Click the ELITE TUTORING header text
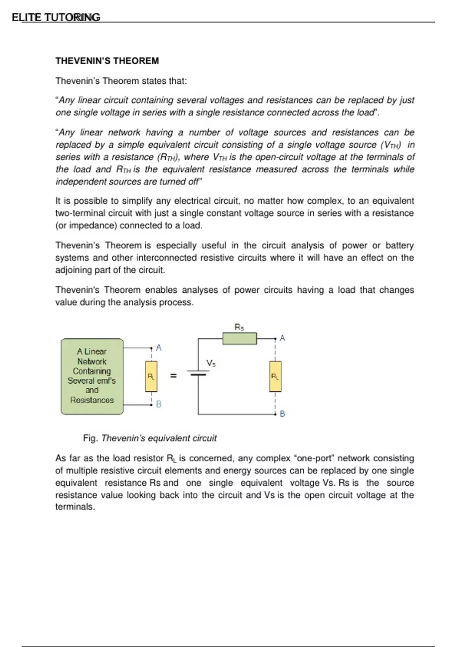point(56,18)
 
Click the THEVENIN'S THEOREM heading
point(107,61)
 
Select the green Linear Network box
point(92,376)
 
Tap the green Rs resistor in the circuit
point(240,338)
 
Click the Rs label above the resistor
point(239,327)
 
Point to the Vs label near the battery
point(211,363)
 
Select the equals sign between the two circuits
point(173,376)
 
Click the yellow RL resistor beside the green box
point(151,377)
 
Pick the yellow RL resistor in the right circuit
point(275,377)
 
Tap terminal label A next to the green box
point(159,347)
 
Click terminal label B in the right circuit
point(282,413)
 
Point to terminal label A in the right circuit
point(282,338)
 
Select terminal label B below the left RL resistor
point(159,404)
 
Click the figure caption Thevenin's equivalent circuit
point(159,438)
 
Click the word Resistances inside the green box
point(92,400)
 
